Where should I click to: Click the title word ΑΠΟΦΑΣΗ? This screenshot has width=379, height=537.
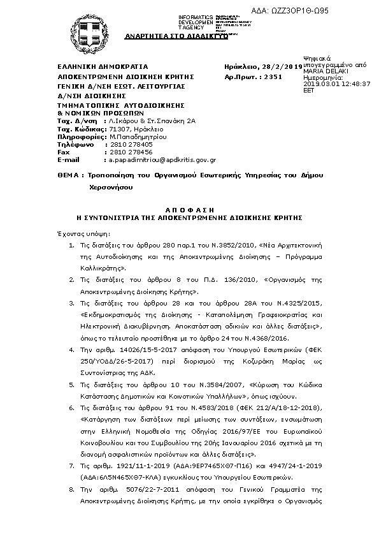tap(190, 209)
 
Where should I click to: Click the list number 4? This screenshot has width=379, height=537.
tap(69, 349)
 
